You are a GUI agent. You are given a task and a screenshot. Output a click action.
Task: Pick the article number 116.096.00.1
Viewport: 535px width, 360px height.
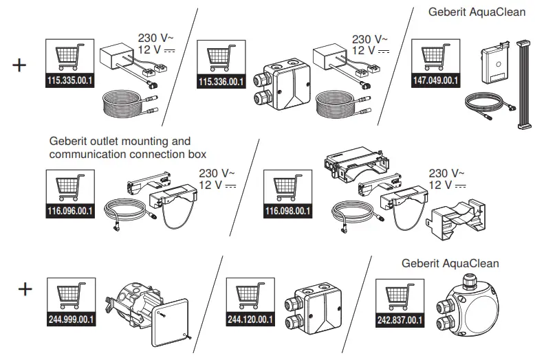[69, 211]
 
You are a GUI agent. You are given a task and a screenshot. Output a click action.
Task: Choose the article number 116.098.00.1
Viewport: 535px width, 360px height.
[288, 211]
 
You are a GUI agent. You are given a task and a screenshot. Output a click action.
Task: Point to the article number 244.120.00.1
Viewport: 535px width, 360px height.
[250, 319]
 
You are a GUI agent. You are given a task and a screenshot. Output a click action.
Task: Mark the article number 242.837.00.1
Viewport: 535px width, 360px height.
[400, 319]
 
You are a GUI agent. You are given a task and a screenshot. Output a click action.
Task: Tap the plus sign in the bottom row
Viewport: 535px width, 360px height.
[25, 289]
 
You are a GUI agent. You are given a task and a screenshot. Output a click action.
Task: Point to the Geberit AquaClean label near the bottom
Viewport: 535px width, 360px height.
[450, 263]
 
